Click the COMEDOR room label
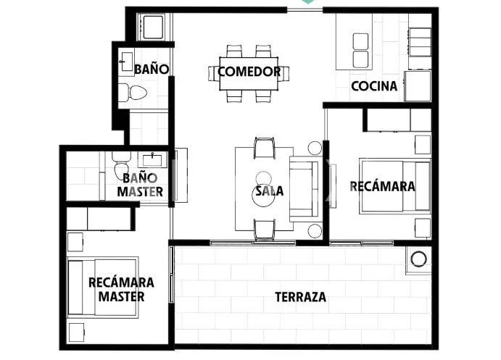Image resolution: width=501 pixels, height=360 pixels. [249, 72]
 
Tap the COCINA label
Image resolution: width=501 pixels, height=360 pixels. [374, 86]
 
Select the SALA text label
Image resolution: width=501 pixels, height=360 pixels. [270, 191]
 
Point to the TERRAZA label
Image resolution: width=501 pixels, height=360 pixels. [301, 297]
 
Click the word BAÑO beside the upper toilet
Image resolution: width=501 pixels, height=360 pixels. [152, 69]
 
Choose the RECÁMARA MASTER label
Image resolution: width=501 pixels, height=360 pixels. [121, 290]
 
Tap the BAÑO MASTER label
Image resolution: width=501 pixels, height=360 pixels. [140, 185]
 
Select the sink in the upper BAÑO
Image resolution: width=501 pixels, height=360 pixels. [127, 62]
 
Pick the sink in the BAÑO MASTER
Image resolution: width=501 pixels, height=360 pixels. [152, 159]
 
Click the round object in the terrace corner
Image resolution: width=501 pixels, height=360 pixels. [418, 259]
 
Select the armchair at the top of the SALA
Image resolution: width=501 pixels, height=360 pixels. [264, 148]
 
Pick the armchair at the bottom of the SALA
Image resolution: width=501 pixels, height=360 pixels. [264, 230]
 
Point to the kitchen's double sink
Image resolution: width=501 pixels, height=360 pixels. [361, 51]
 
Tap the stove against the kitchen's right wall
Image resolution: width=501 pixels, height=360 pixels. [419, 41]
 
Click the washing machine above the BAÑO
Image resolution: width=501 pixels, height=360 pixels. [153, 27]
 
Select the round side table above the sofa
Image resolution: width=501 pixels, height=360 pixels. [315, 148]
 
